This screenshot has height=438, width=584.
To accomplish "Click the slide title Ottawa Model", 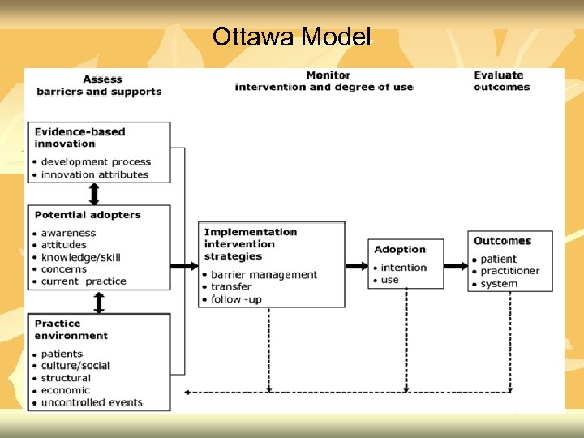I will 291,36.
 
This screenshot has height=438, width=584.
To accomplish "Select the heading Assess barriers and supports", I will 99,85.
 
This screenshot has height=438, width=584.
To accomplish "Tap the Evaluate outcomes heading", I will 501,81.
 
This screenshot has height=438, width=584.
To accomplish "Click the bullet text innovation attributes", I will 95,174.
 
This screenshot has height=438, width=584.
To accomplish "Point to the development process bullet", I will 96,162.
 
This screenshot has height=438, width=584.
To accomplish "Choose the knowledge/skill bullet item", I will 81,257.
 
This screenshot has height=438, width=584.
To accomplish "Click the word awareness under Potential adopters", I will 68,233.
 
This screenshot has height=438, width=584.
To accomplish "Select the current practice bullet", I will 84,281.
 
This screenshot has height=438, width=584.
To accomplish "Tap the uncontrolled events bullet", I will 92,402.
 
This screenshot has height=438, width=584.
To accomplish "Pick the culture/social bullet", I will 75,366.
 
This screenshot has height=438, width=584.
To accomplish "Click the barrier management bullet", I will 264,275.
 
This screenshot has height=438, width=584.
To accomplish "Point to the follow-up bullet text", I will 236,299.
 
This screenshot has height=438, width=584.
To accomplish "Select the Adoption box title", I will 400,250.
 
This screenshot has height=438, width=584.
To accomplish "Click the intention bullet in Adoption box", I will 403,268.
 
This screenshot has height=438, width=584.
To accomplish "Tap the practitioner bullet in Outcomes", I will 509,271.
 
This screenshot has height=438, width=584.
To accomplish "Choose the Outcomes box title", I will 502,241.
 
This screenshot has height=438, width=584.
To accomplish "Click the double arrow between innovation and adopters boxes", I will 94,194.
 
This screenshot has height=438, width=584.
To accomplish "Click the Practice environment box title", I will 71,329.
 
